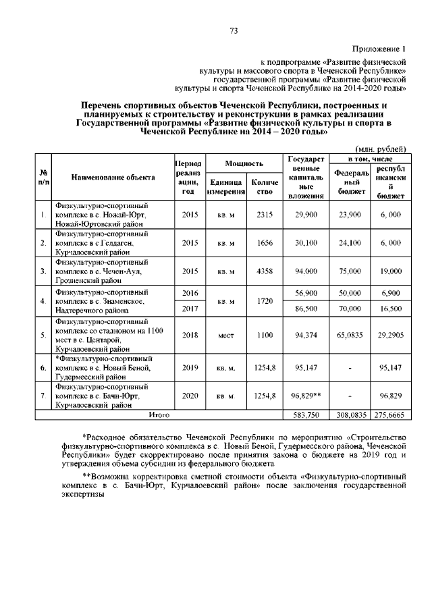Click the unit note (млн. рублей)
381,148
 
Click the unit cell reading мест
225,334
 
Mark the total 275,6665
391,415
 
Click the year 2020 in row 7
189,396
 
